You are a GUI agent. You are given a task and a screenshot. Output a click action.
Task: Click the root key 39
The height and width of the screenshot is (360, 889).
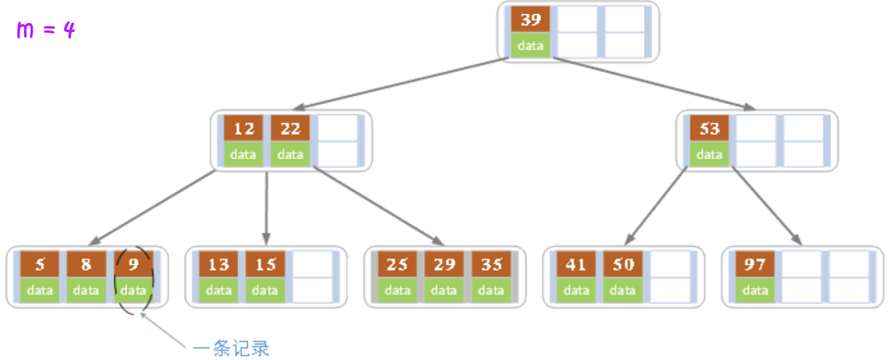pyautogui.click(x=530, y=20)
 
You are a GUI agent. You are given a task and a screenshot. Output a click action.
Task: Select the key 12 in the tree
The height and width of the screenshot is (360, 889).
pyautogui.click(x=243, y=129)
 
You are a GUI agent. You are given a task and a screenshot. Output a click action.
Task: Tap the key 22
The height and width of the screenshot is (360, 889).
pyautogui.click(x=290, y=129)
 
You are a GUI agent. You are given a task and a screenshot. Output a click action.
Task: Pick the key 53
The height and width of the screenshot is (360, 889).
pyautogui.click(x=709, y=129)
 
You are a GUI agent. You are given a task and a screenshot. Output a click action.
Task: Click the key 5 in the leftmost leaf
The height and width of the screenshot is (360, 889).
pyautogui.click(x=39, y=264)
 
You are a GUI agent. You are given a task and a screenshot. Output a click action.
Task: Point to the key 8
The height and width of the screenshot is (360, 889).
pyautogui.click(x=86, y=264)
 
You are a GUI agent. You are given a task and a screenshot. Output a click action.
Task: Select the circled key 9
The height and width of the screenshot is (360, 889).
pyautogui.click(x=133, y=264)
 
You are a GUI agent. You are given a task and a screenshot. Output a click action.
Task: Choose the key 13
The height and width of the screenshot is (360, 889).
pyautogui.click(x=219, y=264)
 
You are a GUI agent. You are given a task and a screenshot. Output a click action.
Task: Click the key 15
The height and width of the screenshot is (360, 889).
pyautogui.click(x=265, y=264)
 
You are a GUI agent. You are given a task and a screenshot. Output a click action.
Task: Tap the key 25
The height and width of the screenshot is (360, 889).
pyautogui.click(x=397, y=264)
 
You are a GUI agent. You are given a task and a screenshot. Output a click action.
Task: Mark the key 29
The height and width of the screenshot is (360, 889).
pyautogui.click(x=444, y=264)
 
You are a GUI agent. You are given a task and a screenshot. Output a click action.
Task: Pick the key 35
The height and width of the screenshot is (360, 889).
pyautogui.click(x=491, y=264)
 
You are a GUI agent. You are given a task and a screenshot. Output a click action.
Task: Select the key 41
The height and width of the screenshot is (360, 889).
pyautogui.click(x=576, y=264)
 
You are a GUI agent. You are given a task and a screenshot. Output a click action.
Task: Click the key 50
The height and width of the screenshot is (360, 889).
pyautogui.click(x=623, y=264)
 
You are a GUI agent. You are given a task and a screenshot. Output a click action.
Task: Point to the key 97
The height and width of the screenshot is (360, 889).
pyautogui.click(x=755, y=264)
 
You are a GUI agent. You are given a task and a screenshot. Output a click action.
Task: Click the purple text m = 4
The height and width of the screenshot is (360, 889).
pyautogui.click(x=46, y=31)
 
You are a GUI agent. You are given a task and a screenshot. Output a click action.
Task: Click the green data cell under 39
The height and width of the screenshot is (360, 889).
pyautogui.click(x=530, y=46)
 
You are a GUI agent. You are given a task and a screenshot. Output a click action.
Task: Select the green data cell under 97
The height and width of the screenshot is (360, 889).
pyautogui.click(x=755, y=291)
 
